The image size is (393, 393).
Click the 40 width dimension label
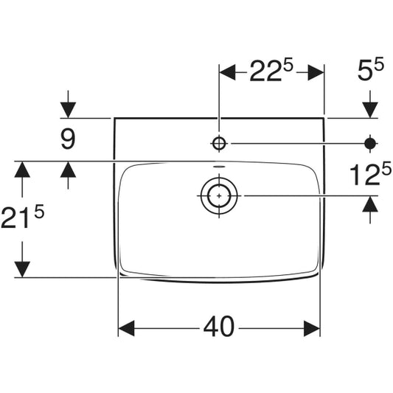click(219, 327)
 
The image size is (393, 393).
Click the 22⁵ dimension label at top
click(271, 71)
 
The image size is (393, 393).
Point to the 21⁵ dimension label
click(23, 216)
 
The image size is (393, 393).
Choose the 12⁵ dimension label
click(370, 173)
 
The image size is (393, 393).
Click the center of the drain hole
click(219, 195)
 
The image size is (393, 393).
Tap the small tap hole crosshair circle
click(219, 144)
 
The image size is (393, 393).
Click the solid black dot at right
click(370, 144)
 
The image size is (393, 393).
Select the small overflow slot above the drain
click(219, 167)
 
